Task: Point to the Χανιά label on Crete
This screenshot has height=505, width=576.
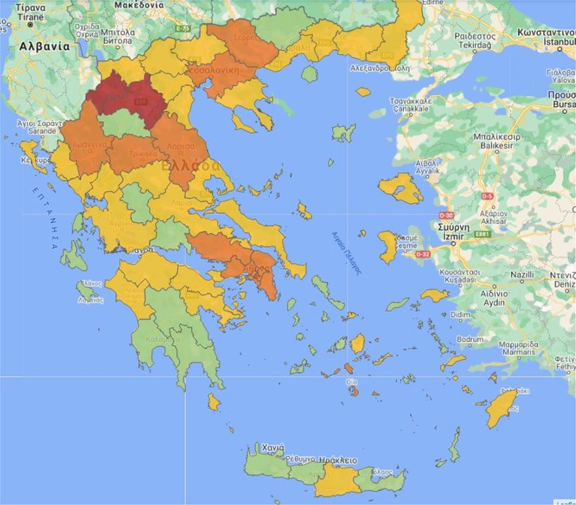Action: click(x=272, y=448)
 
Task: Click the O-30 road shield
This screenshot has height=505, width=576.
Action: click(x=446, y=215)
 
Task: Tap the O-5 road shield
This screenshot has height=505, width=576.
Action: click(x=486, y=196)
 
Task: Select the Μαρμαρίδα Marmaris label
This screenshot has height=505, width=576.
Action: click(x=518, y=348)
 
